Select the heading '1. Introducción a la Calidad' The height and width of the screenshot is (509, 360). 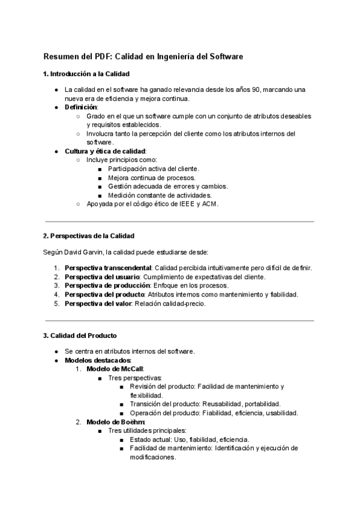point(86,74)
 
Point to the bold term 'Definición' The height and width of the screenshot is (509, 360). point(81,107)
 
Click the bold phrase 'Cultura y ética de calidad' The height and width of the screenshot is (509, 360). point(105,151)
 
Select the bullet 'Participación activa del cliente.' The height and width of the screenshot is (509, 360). point(153,169)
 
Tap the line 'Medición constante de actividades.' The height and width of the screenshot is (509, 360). point(160,195)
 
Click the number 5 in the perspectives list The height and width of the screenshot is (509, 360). point(55,303)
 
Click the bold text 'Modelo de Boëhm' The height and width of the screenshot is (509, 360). point(115,422)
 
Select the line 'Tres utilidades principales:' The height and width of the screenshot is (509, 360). point(147,430)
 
